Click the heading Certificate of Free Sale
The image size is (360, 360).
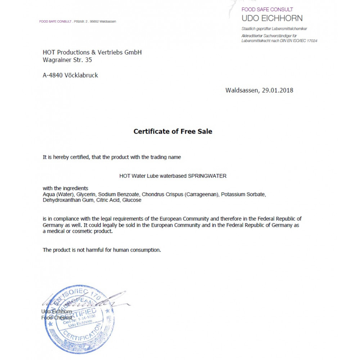point(173,131)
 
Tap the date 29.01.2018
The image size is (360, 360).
point(277,90)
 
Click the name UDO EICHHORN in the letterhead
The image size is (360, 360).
point(272,18)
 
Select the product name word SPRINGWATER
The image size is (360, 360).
point(207,176)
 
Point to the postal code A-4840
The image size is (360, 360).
point(53,75)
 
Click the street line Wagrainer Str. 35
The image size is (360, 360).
point(67,60)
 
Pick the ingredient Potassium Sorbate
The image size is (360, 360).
point(243,194)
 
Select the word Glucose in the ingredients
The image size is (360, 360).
point(132,200)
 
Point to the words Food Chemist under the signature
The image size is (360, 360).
point(57,318)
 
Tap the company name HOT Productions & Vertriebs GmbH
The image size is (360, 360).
point(92,52)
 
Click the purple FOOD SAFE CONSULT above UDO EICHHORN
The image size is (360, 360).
point(267,9)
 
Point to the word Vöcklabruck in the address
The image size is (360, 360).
point(81,75)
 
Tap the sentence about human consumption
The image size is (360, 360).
point(102,250)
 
